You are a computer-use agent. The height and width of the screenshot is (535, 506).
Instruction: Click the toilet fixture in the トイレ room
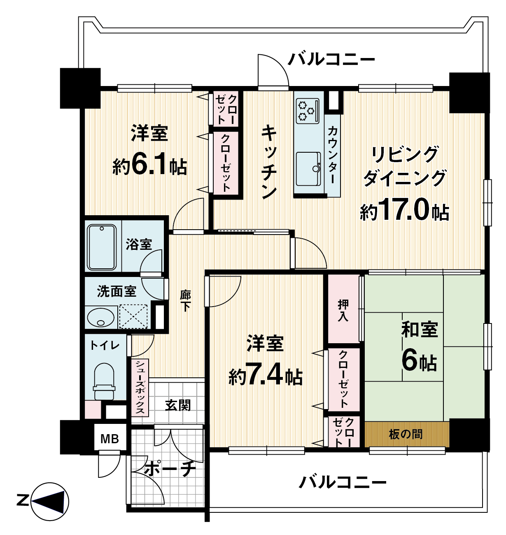[x=104, y=381]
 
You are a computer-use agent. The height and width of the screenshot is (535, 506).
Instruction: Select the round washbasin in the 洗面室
[x=101, y=317]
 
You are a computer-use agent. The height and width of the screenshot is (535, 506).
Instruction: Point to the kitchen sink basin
[x=308, y=169]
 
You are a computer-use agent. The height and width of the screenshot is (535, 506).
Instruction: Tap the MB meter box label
[x=110, y=439]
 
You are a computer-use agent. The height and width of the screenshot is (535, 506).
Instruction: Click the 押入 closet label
[x=343, y=310]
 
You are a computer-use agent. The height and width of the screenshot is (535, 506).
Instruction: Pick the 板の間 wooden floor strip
[x=407, y=434]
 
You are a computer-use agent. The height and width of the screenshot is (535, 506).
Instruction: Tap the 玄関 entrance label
[x=178, y=405]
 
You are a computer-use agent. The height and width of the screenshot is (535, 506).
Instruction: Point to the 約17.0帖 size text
[x=404, y=209]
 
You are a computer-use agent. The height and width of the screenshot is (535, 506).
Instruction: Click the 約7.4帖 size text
[x=266, y=376]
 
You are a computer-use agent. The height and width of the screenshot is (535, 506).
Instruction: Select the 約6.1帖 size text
[x=150, y=165]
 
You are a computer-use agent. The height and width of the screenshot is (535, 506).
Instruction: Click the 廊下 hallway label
[x=185, y=300]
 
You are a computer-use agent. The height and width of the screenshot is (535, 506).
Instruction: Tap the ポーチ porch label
[x=170, y=469]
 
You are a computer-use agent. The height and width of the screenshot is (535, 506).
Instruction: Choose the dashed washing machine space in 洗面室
[x=133, y=316]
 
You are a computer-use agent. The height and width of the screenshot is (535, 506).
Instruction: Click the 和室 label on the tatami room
[x=420, y=329]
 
